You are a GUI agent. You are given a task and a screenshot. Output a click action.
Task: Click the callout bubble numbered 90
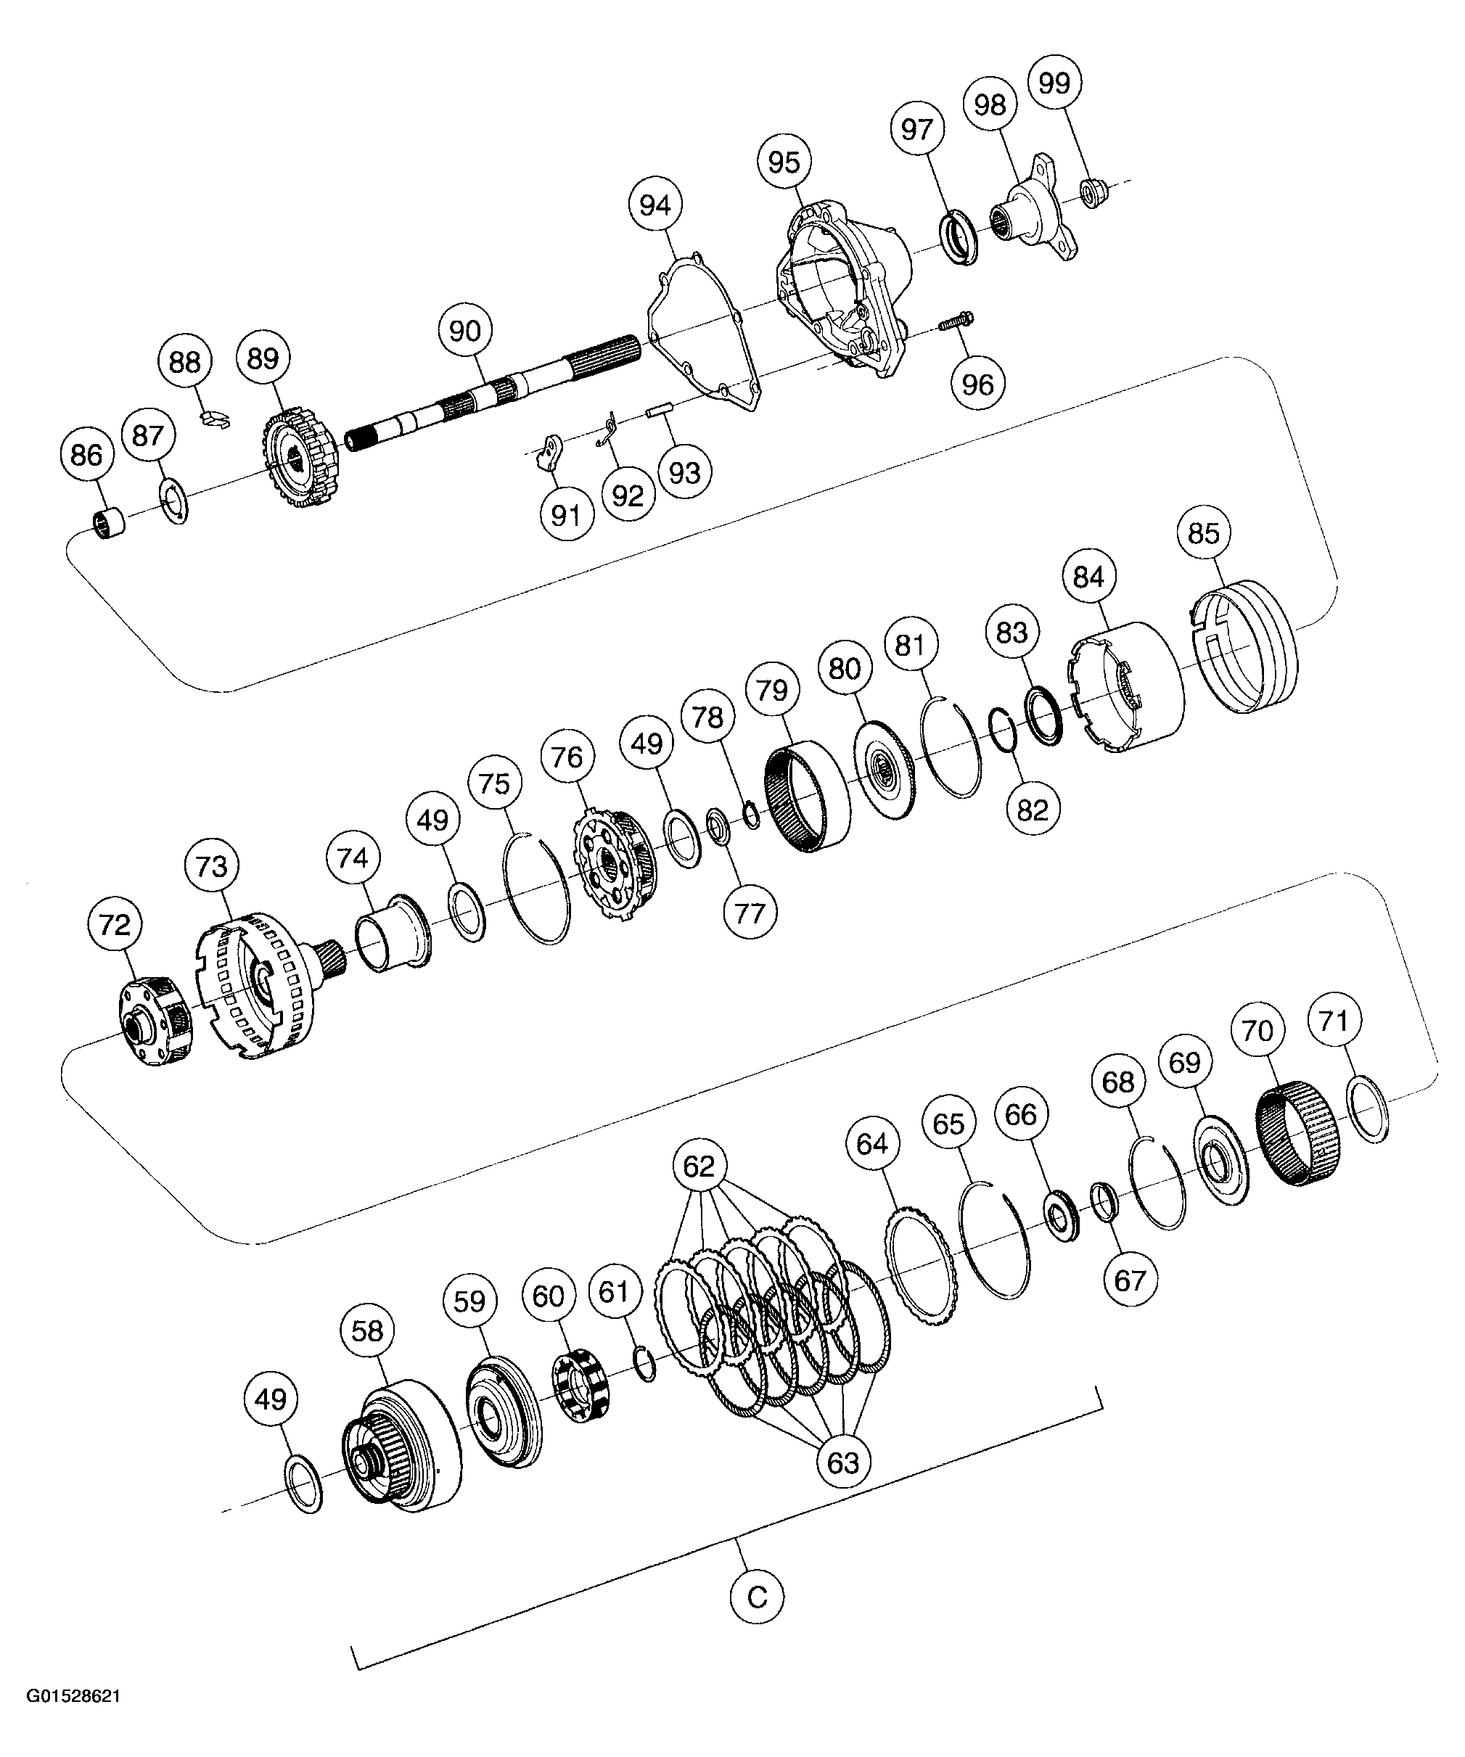(x=465, y=332)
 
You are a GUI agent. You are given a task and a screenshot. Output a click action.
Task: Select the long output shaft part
(x=493, y=393)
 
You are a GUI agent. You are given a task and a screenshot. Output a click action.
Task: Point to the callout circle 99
(x=1054, y=83)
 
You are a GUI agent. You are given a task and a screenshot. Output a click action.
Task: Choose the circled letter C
(x=756, y=1599)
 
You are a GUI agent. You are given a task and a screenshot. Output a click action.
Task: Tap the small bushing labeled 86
(x=110, y=524)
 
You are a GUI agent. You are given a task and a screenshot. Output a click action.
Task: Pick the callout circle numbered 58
(x=367, y=1330)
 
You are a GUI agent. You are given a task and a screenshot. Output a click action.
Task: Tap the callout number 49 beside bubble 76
(x=647, y=743)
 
